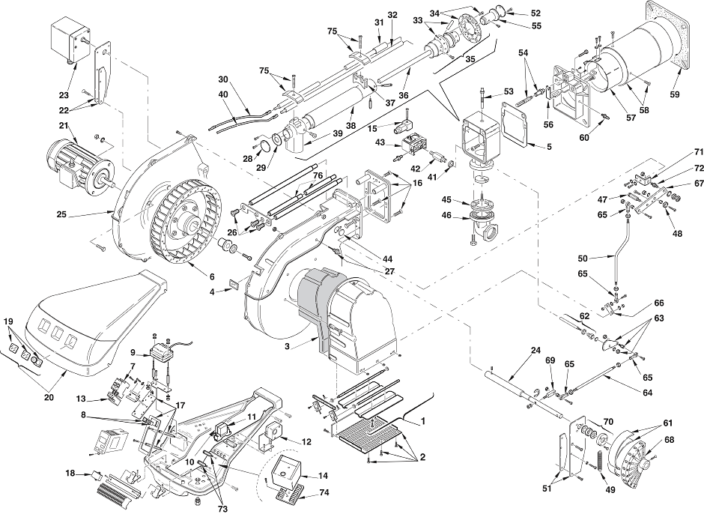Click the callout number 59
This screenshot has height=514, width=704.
click(674, 94)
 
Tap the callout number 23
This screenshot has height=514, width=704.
click(64, 95)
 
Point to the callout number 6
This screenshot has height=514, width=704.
click(212, 276)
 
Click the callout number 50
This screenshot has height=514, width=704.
click(583, 258)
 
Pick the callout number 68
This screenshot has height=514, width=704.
click(669, 440)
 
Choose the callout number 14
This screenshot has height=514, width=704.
click(323, 476)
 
